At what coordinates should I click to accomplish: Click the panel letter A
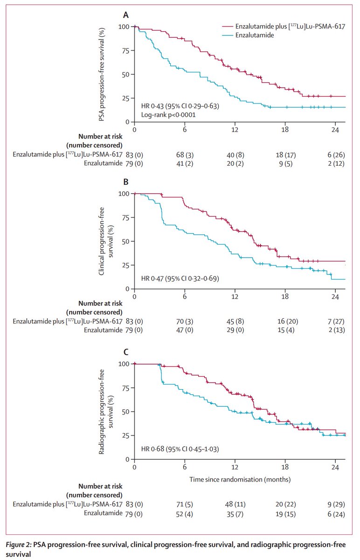[x=125, y=15]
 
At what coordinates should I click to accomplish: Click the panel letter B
[x=125, y=182]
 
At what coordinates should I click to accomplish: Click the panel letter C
[x=125, y=352]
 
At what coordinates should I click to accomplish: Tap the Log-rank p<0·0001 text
[x=168, y=114]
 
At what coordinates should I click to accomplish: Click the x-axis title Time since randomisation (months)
[x=240, y=479]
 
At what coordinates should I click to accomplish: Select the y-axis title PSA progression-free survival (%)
[x=101, y=75]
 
